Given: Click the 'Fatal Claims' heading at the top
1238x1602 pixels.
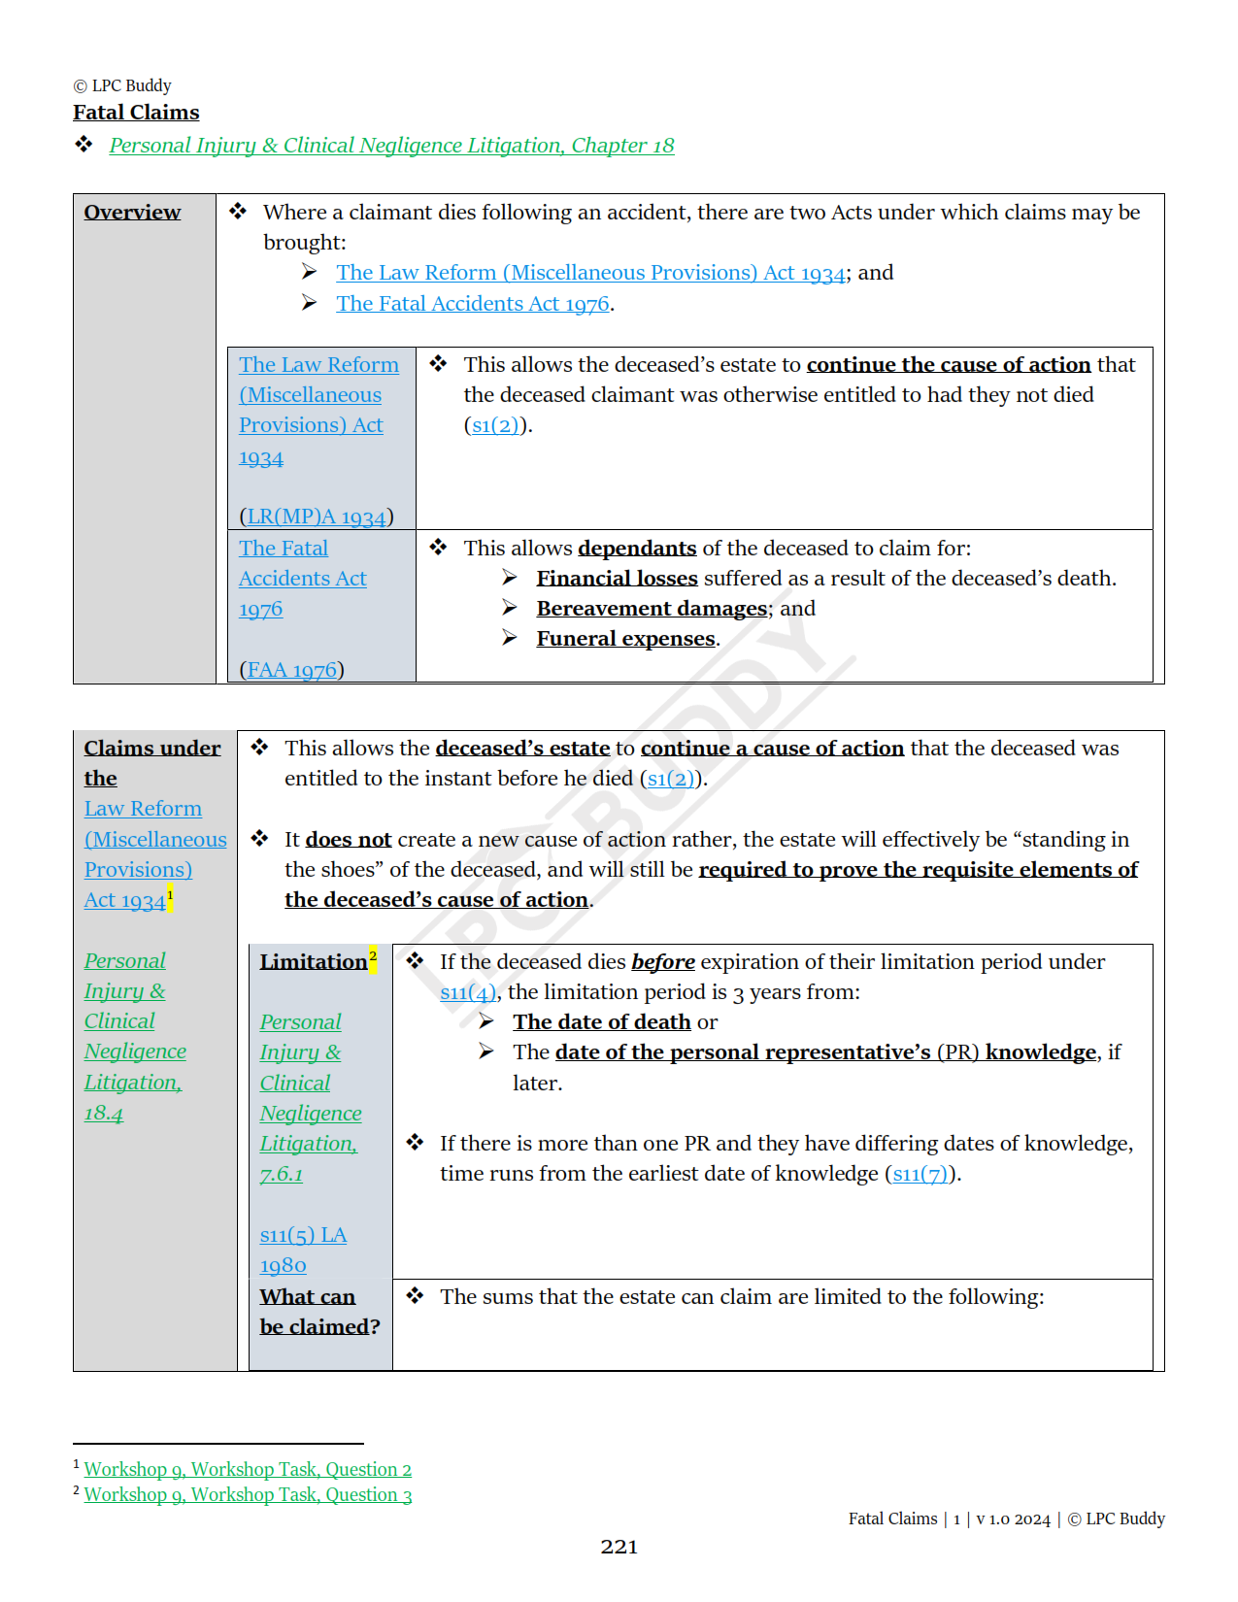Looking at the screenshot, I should click(x=136, y=113).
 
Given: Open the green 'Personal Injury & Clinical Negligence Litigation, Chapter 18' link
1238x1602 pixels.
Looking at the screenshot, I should click(x=391, y=146).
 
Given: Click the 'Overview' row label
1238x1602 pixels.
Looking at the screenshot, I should click(x=132, y=213).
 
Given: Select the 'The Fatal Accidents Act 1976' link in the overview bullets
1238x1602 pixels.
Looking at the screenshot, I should click(x=473, y=304).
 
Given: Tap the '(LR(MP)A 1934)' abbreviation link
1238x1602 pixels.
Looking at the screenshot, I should click(x=316, y=517).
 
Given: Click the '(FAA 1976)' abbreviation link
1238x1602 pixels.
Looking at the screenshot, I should click(x=291, y=670).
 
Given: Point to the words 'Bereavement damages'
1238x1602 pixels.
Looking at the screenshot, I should click(x=652, y=609).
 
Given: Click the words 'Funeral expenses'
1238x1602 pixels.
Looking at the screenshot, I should click(x=625, y=639).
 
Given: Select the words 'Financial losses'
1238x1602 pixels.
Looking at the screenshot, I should click(x=617, y=579).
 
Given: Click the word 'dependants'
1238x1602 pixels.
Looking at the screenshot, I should click(x=637, y=549).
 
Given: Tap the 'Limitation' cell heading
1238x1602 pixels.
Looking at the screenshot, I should click(x=314, y=962).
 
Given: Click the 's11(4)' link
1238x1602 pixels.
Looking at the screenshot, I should click(x=468, y=992).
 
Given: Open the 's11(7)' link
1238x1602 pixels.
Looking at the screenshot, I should click(x=920, y=1174).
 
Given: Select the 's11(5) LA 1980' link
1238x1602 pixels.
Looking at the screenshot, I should click(x=302, y=1250).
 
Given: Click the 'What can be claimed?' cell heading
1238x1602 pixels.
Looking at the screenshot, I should click(x=319, y=1312).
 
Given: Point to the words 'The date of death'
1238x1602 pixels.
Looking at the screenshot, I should click(x=601, y=1022).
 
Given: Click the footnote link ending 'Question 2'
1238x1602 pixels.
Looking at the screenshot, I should click(x=248, y=1470).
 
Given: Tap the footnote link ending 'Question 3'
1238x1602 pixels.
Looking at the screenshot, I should click(x=248, y=1495).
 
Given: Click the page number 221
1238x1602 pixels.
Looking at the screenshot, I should click(x=619, y=1548).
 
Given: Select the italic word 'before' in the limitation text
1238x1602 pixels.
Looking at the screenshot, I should click(x=662, y=962).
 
